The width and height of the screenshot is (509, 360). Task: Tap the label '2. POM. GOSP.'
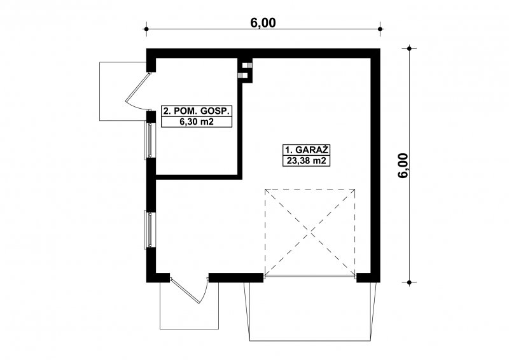point(197,111)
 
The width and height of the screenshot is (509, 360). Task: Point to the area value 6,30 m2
point(197,121)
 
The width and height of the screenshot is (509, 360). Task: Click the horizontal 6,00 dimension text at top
point(263,23)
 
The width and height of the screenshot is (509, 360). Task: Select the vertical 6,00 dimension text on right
point(403,165)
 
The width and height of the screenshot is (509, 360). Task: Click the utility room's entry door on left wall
point(138,92)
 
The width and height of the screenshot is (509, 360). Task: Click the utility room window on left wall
point(150,140)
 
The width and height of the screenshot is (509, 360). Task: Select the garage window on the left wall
point(150,230)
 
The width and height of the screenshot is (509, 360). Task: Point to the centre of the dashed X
point(310,232)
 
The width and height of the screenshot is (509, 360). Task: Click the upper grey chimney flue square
point(249,66)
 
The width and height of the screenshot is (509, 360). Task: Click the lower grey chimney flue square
point(241,76)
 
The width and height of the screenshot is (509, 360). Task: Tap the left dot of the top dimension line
point(146,29)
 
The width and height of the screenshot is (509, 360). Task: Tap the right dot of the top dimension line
point(380,29)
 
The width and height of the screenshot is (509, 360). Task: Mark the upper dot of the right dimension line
point(409,49)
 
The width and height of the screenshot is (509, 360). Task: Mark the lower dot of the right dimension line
point(409,282)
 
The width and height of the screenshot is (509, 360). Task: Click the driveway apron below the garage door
point(311,312)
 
